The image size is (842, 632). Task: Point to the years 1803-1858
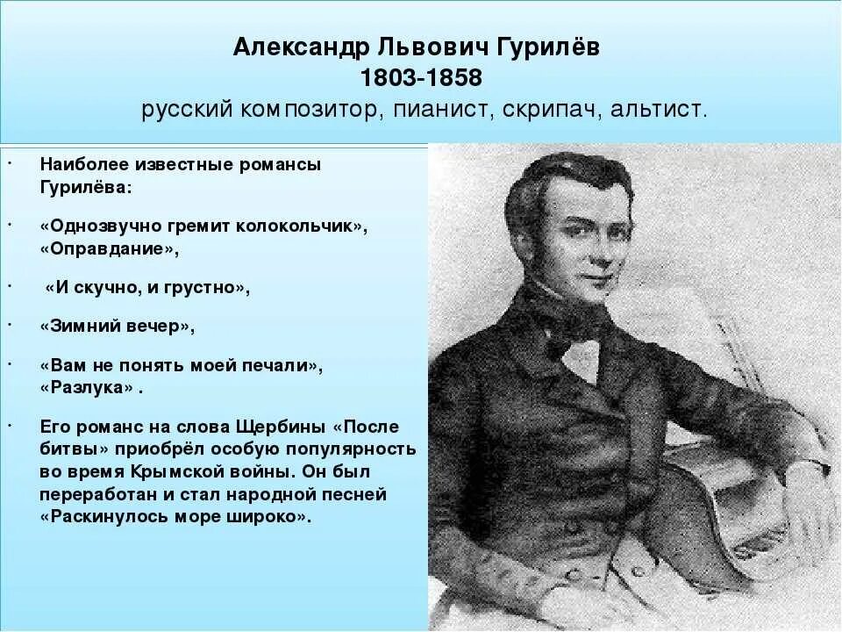[x=421, y=78]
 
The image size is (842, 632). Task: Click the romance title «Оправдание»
[x=110, y=248]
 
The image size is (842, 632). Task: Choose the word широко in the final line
[x=269, y=517]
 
